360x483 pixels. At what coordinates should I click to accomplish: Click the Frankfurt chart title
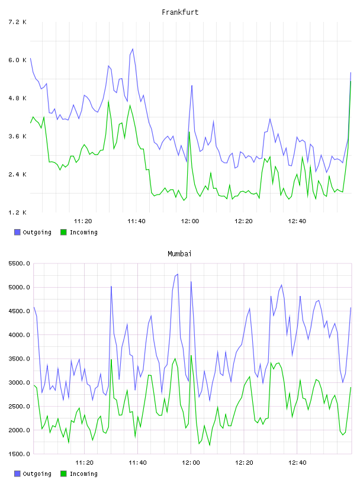pyautogui.click(x=180, y=12)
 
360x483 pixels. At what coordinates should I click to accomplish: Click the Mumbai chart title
pyautogui.click(x=179, y=254)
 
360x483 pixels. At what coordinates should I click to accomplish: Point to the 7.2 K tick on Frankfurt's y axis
pyautogui.click(x=17, y=22)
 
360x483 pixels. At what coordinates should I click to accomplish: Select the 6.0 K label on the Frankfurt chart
pyautogui.click(x=17, y=60)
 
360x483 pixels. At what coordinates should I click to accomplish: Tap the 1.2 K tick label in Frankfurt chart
pyautogui.click(x=17, y=212)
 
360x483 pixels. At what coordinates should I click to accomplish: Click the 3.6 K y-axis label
pyautogui.click(x=17, y=137)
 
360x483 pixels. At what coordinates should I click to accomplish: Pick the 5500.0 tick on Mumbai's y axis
pyautogui.click(x=19, y=263)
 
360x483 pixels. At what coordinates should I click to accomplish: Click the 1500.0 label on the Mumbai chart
pyautogui.click(x=19, y=454)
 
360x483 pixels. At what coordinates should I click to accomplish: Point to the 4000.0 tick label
pyautogui.click(x=19, y=335)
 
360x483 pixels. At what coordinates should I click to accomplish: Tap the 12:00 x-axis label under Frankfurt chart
pyautogui.click(x=190, y=221)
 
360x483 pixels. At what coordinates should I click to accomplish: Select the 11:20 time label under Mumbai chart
pyautogui.click(x=84, y=463)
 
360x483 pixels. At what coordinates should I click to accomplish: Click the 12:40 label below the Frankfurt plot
pyautogui.click(x=297, y=221)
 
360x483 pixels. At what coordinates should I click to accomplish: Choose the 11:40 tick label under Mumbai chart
pyautogui.click(x=137, y=463)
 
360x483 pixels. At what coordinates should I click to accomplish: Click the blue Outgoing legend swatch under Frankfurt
pyautogui.click(x=17, y=232)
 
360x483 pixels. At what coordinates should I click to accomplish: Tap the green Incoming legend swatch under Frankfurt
pyautogui.click(x=63, y=232)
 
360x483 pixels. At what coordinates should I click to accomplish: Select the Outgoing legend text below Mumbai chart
pyautogui.click(x=37, y=474)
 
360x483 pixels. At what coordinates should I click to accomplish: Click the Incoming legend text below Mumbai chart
pyautogui.click(x=83, y=474)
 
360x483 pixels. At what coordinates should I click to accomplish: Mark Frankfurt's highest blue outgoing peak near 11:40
pyautogui.click(x=133, y=49)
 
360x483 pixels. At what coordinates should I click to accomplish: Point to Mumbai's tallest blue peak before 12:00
pyautogui.click(x=178, y=274)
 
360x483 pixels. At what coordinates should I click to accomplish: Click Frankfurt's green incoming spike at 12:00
pyautogui.click(x=189, y=132)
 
